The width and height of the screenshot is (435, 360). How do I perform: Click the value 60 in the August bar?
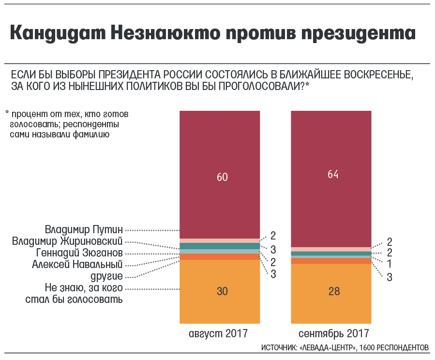click(222, 177)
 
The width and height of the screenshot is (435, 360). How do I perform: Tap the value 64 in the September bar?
click(333, 174)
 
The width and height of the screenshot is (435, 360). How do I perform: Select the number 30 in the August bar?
click(222, 291)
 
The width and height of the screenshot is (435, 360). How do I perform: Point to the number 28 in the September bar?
click(334, 291)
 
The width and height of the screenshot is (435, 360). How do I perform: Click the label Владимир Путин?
click(84, 230)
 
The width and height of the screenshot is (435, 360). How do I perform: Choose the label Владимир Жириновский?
click(67, 241)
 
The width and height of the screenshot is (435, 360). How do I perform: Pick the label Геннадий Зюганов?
click(79, 253)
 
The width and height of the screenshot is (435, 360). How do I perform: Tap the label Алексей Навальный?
click(77, 264)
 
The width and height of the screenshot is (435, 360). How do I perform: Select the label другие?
click(106, 276)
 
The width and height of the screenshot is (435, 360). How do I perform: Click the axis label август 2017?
click(218, 333)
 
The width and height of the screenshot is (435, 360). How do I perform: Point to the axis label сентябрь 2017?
click(334, 333)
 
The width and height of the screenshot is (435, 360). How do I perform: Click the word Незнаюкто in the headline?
click(165, 33)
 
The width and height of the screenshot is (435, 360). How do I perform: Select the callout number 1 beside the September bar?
click(389, 264)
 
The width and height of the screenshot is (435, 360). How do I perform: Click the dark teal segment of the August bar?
click(220, 246)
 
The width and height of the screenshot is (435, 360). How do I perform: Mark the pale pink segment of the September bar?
click(331, 249)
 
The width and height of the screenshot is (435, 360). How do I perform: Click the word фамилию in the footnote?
click(91, 135)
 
